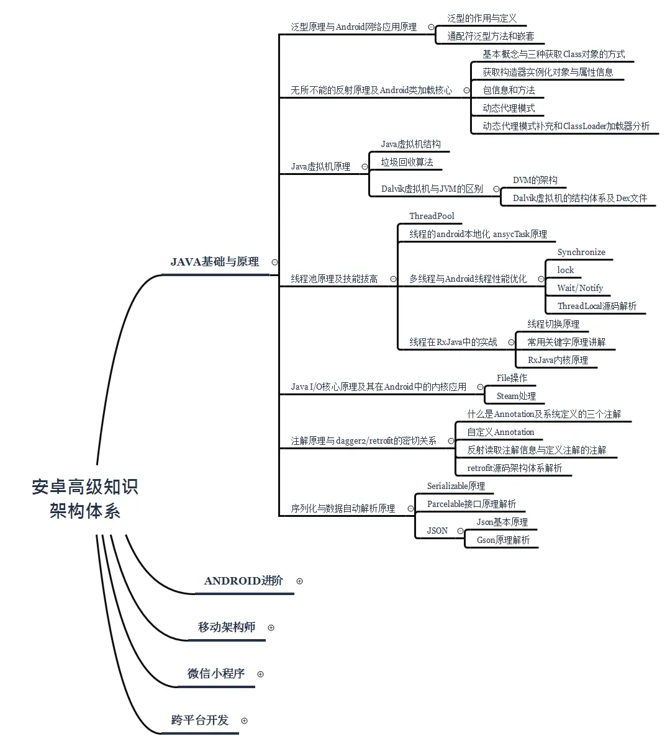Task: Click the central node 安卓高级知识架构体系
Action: tap(85, 499)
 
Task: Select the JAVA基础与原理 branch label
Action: tap(215, 262)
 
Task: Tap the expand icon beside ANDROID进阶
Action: tap(300, 581)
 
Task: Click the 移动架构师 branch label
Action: tap(227, 627)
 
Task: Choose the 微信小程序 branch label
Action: tap(216, 674)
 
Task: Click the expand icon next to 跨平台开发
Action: tap(244, 720)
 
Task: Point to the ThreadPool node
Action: tap(432, 216)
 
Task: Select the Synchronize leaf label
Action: tap(581, 252)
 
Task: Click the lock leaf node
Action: tap(565, 270)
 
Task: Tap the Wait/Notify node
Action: tap(580, 288)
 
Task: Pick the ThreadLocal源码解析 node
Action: tap(597, 306)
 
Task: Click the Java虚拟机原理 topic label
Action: tap(320, 166)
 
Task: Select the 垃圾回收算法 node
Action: tap(407, 162)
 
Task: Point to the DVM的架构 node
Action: tap(535, 180)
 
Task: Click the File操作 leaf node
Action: tap(512, 378)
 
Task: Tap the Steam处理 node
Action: tap(516, 396)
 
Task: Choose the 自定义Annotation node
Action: tap(500, 432)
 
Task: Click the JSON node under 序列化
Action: tap(437, 531)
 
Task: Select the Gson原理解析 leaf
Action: tap(503, 540)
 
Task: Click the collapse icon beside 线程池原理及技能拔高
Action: tap(393, 279)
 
